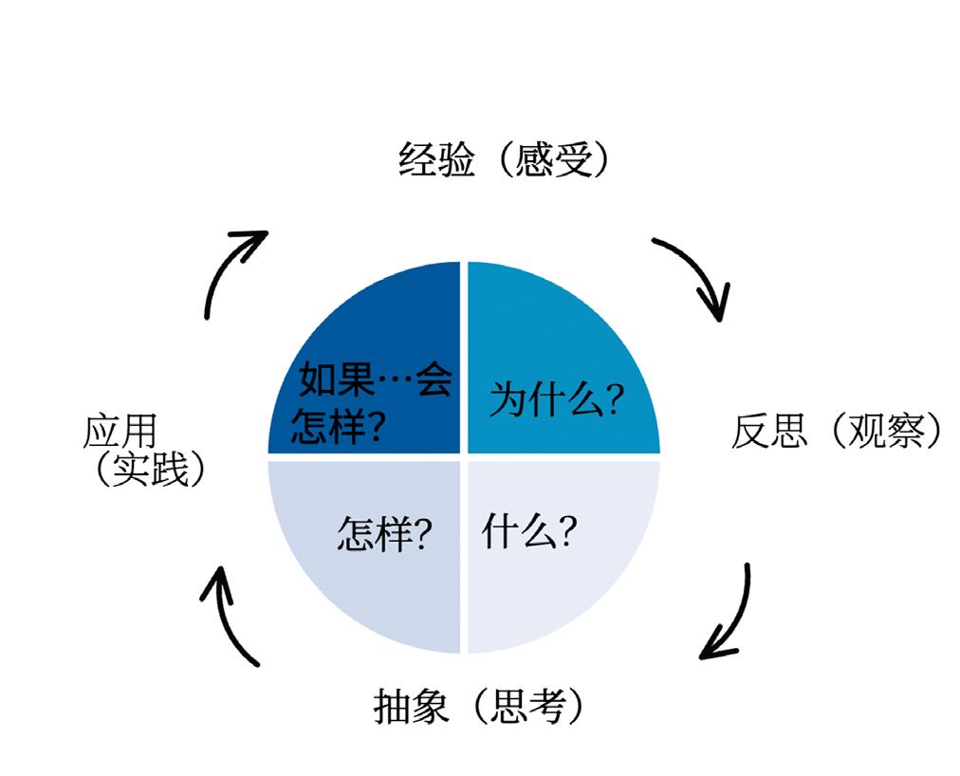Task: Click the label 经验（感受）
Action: [x=503, y=161]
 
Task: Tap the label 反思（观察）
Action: [x=838, y=433]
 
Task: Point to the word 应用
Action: [x=120, y=433]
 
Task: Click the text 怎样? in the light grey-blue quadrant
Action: [x=386, y=537]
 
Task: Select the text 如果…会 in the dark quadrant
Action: [x=376, y=381]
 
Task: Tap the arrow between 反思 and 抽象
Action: [x=729, y=615]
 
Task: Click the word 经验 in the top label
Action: [x=436, y=161]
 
